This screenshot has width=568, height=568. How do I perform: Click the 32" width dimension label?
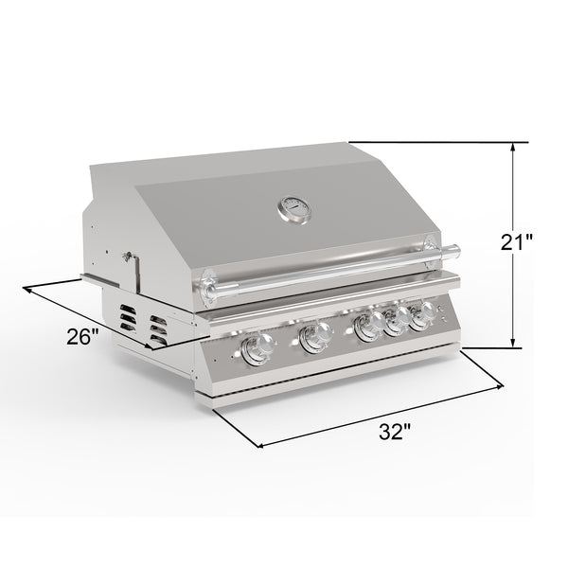coord(394,432)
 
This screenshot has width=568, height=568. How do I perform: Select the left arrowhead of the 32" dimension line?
coord(258,443)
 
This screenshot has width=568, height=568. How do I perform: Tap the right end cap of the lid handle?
coord(456,252)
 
